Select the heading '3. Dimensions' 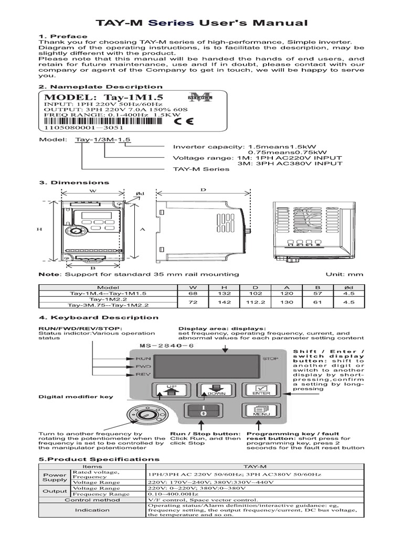coord(75,182)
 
